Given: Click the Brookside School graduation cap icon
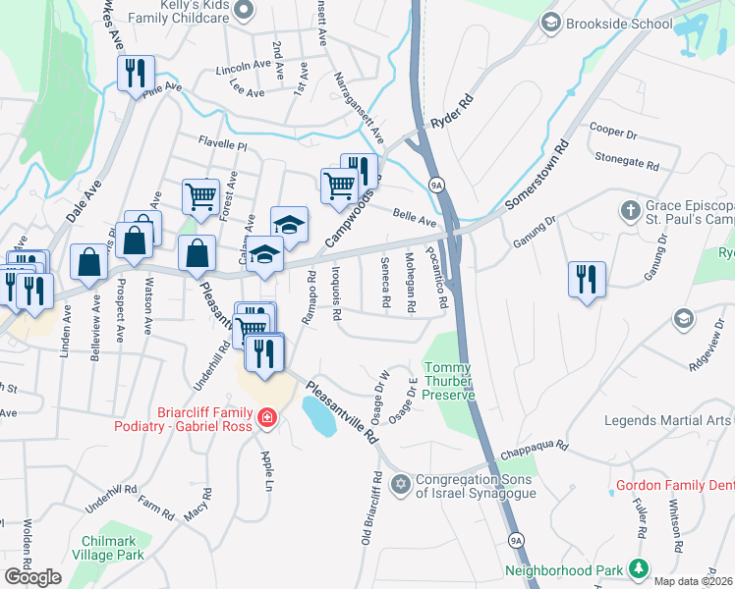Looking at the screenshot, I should click(550, 22).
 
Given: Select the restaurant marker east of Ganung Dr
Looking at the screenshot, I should click(587, 277).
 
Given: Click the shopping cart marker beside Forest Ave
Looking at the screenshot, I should click(200, 194).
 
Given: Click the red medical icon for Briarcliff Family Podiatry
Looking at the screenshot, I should click(265, 420).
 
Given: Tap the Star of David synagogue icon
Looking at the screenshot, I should click(400, 484).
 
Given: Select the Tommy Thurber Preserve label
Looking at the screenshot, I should click(449, 381).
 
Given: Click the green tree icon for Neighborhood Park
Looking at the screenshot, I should click(639, 568).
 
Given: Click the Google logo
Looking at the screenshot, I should click(32, 576).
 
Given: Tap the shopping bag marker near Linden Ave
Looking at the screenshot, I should click(88, 262).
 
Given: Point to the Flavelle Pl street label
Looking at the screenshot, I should click(222, 144).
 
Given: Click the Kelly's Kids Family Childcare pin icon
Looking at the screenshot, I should click(246, 11).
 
